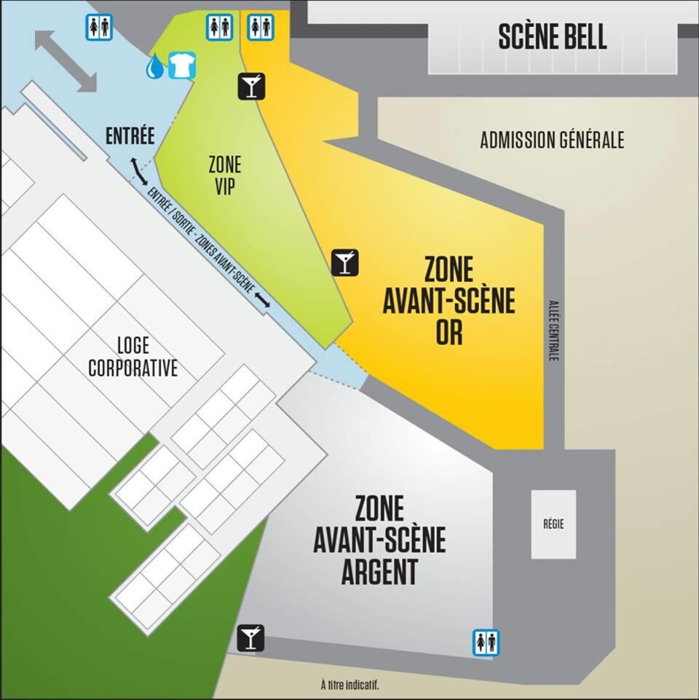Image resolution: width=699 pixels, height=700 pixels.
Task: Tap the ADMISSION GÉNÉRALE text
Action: click(x=552, y=140)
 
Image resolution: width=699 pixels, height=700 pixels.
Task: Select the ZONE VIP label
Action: click(x=224, y=175)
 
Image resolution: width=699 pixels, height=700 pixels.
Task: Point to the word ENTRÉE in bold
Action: click(x=130, y=135)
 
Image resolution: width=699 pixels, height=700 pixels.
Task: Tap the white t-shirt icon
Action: click(x=181, y=66)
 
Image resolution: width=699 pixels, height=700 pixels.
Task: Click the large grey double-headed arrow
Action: click(x=66, y=60)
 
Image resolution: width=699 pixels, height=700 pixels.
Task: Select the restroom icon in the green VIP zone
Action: click(x=219, y=27)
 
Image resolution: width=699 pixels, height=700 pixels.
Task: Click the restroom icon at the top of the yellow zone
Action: click(x=261, y=27)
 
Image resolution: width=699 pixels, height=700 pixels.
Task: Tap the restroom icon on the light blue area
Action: click(x=99, y=27)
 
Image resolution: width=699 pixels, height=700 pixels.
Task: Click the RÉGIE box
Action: click(x=553, y=524)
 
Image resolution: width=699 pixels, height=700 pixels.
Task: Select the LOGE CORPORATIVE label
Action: click(x=133, y=355)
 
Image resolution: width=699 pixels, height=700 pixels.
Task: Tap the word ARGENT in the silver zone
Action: click(x=379, y=572)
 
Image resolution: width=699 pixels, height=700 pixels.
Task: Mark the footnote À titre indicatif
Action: click(x=349, y=685)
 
